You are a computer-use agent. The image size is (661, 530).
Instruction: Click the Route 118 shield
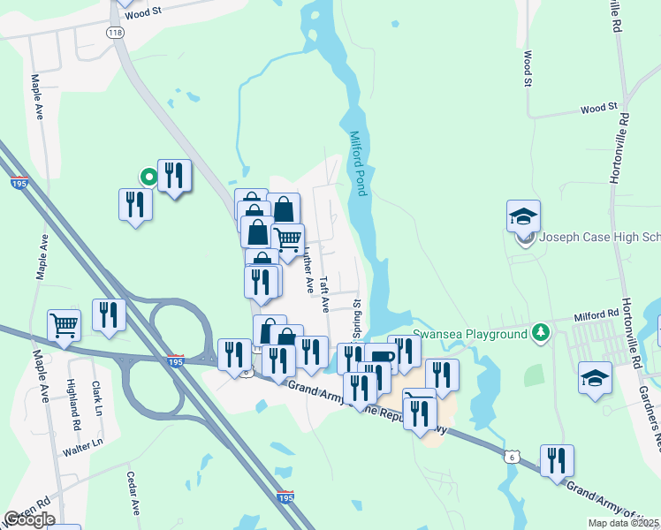pos(114,33)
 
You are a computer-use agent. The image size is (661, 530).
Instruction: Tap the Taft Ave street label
pos(325,294)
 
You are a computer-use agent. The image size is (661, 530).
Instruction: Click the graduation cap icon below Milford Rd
pos(595,378)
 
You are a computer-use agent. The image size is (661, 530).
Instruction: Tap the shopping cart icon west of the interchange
pos(64,323)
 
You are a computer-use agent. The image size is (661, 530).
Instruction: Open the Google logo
pos(29,519)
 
